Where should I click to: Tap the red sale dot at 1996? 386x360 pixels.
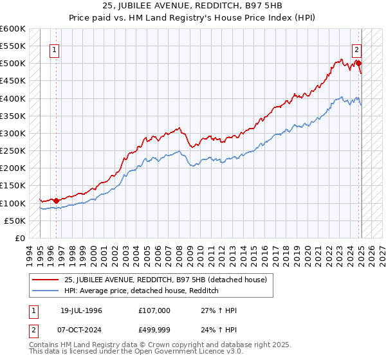[56, 201]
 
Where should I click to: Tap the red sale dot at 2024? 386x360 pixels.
[358, 63]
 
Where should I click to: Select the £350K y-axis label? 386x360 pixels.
[13, 116]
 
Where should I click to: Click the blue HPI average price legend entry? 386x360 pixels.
[142, 291]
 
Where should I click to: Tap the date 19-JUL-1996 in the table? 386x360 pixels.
[82, 310]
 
